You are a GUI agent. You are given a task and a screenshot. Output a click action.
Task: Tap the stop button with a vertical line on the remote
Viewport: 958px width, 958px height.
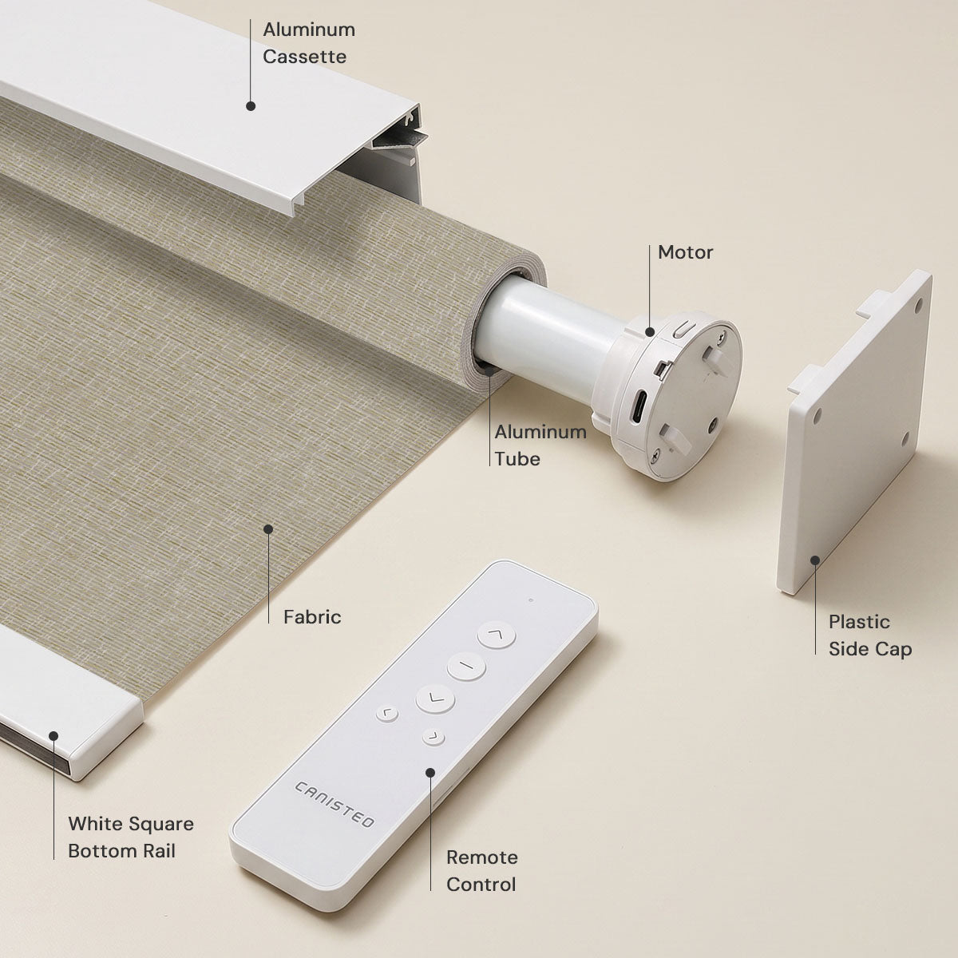465,666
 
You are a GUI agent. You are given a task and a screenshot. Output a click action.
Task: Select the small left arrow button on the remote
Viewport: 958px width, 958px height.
386,714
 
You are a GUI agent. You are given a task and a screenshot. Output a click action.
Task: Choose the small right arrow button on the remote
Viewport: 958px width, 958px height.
433,738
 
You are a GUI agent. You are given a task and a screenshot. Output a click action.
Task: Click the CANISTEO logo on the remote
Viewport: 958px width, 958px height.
334,804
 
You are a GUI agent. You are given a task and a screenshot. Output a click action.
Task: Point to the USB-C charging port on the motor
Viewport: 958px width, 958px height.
638,406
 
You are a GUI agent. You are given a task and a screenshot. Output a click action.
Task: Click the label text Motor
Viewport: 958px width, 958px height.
685,252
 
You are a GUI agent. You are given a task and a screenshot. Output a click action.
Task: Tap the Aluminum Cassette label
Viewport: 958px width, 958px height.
309,43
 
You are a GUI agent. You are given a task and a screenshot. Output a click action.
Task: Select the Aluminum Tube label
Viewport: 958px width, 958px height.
540,445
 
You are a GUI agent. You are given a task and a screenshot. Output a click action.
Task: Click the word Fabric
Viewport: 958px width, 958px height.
312,617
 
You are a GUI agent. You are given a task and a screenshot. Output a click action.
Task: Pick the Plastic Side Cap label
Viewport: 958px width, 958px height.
870,635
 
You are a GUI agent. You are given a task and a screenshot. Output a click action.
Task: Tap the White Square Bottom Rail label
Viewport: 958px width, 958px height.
131,837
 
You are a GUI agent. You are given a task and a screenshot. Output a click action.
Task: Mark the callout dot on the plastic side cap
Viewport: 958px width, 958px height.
815,560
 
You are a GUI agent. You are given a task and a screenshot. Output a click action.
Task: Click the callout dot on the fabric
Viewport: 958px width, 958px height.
268,529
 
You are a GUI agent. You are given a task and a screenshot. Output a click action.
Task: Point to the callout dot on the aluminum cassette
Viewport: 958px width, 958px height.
251,106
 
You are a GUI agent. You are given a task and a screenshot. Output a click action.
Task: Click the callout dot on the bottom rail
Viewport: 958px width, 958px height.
53,736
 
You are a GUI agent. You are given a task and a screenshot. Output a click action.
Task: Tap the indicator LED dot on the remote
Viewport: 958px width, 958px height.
531,600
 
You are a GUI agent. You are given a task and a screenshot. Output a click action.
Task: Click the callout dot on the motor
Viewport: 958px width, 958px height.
650,331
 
